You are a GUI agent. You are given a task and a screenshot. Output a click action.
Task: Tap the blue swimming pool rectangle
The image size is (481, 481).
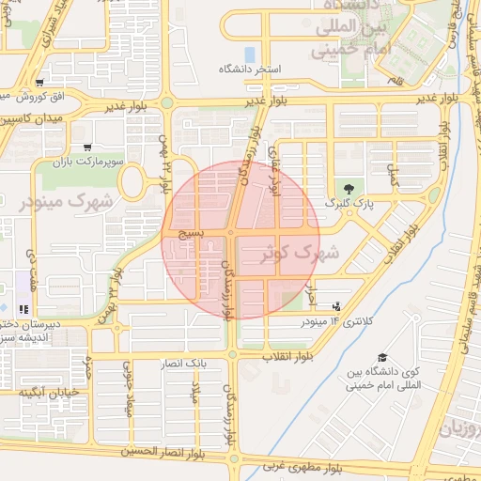(x=249, y=54)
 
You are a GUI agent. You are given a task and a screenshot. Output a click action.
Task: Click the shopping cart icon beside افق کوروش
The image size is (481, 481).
(x=38, y=83)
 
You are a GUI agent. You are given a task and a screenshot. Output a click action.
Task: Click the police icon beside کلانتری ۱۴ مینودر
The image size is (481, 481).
(x=335, y=306)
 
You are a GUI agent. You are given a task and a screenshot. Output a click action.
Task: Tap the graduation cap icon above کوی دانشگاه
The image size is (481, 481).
(x=382, y=357)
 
